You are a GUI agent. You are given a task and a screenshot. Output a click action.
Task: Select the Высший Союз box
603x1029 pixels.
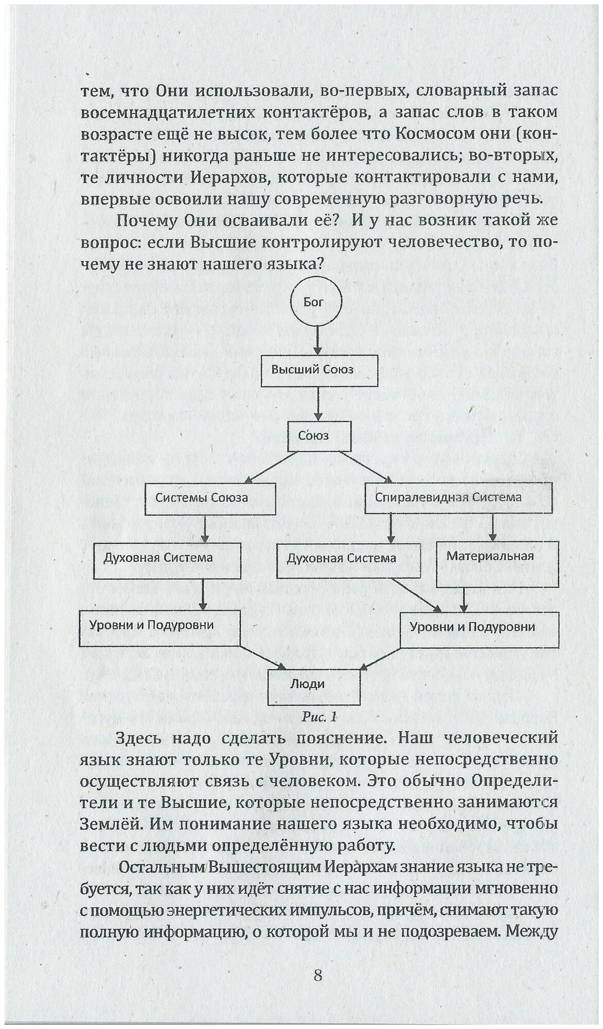tap(319, 369)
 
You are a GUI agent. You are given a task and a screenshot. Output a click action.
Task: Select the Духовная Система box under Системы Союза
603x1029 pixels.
tap(167, 558)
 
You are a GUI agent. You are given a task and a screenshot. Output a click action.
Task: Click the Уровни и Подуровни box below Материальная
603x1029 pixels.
tap(479, 627)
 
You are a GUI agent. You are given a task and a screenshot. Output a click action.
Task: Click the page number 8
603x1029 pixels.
tap(317, 975)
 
